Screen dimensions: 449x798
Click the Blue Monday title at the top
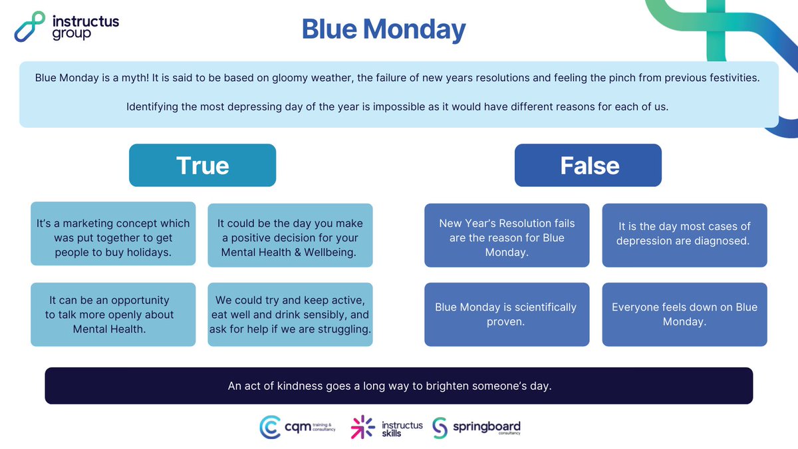[384, 29]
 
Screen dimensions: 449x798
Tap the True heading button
[202, 165]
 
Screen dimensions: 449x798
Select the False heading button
[589, 165]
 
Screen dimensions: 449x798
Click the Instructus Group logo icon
[30, 27]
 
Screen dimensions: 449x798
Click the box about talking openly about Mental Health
[113, 315]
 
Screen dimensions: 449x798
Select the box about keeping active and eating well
[290, 315]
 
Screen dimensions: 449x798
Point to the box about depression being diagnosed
[684, 233]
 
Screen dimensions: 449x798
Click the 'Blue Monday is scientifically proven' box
[507, 315]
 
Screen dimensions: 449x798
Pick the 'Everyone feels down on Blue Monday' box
[684, 315]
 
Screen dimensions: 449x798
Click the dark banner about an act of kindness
[398, 386]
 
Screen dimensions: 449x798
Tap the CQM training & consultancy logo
[297, 427]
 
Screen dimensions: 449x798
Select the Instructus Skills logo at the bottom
[387, 428]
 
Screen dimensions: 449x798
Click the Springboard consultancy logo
[476, 427]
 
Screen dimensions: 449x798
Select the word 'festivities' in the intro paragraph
[730, 78]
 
